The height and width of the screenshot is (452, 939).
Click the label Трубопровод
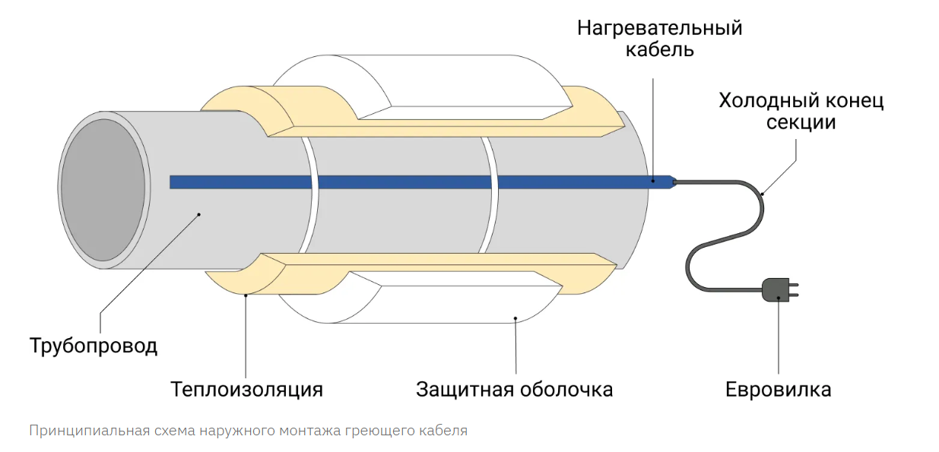pyautogui.click(x=94, y=346)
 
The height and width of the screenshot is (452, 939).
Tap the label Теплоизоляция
pyautogui.click(x=246, y=389)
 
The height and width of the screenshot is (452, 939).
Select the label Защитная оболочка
pyautogui.click(x=514, y=389)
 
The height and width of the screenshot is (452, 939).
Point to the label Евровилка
pyautogui.click(x=778, y=389)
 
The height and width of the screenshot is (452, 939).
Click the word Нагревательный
pyautogui.click(x=659, y=29)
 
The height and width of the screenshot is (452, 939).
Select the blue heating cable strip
pyautogui.click(x=411, y=182)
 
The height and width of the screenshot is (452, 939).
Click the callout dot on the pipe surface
pyautogui.click(x=199, y=214)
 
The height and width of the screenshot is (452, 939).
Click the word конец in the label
pyautogui.click(x=854, y=100)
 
